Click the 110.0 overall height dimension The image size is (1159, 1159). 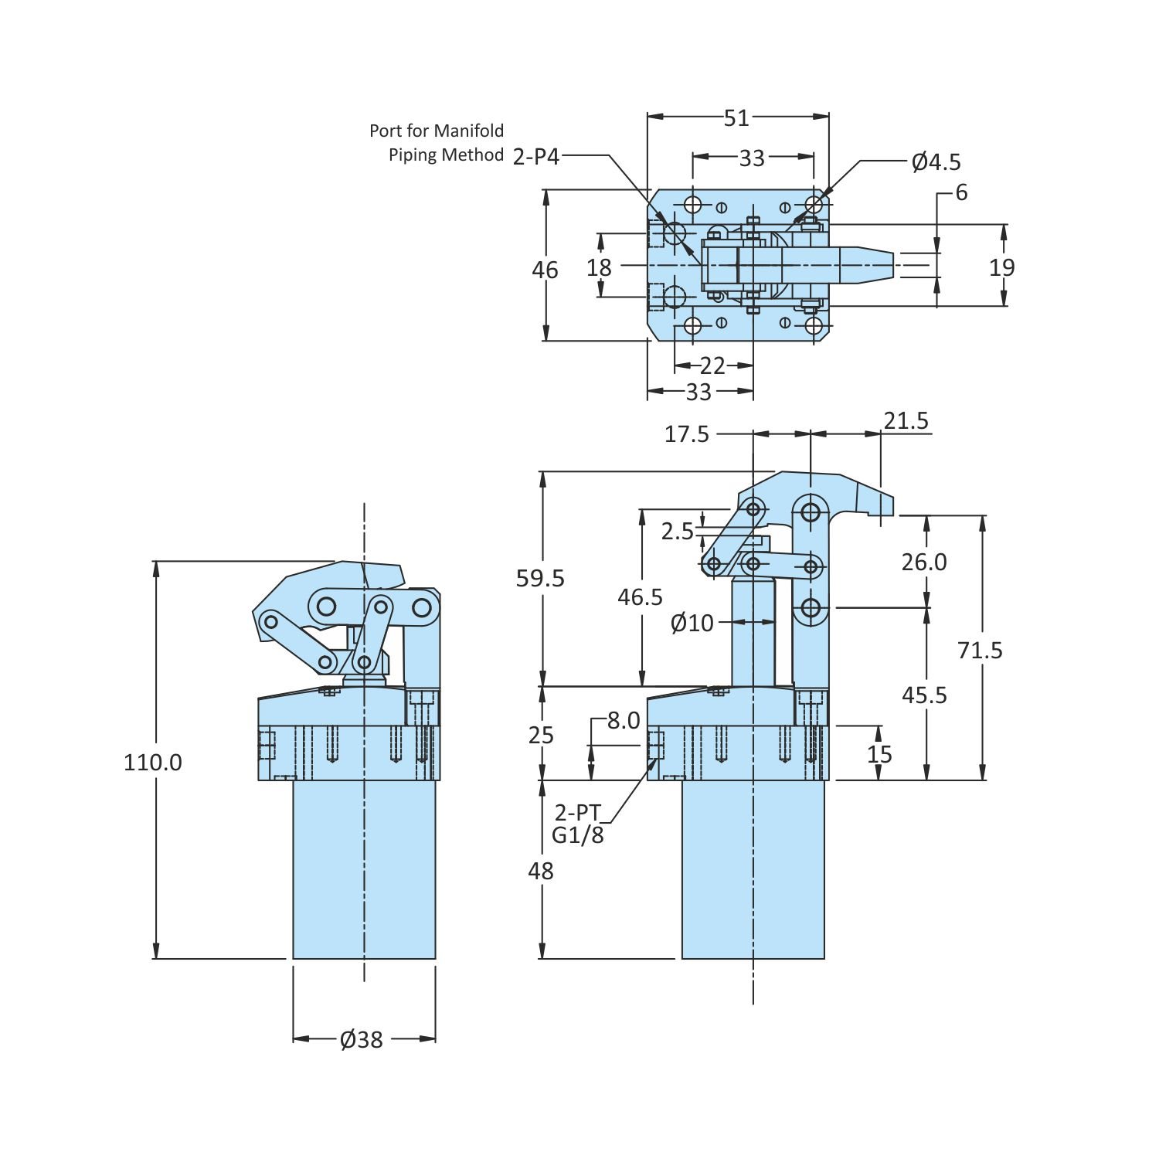click(x=153, y=763)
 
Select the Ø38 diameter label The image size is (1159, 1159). click(x=361, y=1039)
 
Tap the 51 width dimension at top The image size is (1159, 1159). click(x=736, y=117)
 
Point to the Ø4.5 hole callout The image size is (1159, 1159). click(x=936, y=161)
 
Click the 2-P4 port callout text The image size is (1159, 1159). click(x=536, y=156)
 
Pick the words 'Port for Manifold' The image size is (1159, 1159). click(x=437, y=131)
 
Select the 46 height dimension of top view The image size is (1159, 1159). click(x=545, y=270)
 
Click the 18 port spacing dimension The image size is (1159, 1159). click(x=599, y=267)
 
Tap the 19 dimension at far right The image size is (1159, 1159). click(x=1002, y=267)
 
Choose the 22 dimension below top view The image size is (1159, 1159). click(x=712, y=365)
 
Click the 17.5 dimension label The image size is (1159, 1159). click(x=687, y=434)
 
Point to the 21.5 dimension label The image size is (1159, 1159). click(x=906, y=421)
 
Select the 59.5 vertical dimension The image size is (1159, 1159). click(x=541, y=578)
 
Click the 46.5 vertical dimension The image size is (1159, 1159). click(x=641, y=596)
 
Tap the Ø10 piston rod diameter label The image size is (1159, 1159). click(x=692, y=622)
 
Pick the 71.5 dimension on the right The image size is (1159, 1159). click(x=980, y=651)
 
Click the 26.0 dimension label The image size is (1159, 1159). click(x=924, y=562)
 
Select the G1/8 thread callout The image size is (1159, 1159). click(x=578, y=834)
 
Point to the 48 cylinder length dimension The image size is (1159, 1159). click(x=541, y=871)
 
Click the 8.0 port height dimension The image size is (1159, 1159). click(x=624, y=720)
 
